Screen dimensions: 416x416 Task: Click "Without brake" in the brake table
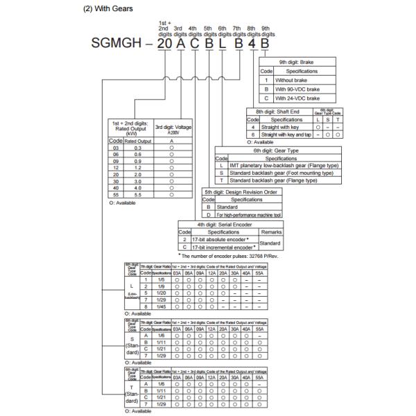click(x=291, y=80)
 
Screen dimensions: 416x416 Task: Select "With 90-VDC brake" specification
click(x=297, y=89)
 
